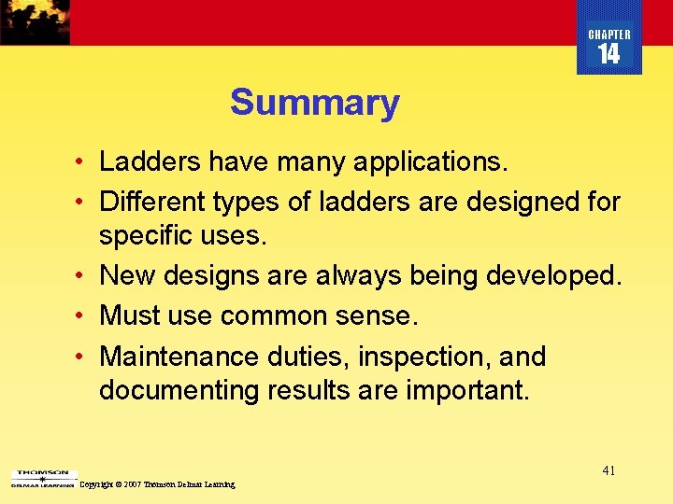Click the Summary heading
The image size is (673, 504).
pyautogui.click(x=314, y=103)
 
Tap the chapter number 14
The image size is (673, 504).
pyautogui.click(x=609, y=55)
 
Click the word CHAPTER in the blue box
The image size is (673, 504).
pyautogui.click(x=609, y=35)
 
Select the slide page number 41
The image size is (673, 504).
pyautogui.click(x=609, y=470)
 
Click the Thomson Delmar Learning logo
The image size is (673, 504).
pyautogui.click(x=42, y=479)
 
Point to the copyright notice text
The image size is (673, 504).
pyautogui.click(x=158, y=484)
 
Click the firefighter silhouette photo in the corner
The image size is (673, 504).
pyautogui.click(x=35, y=21)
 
